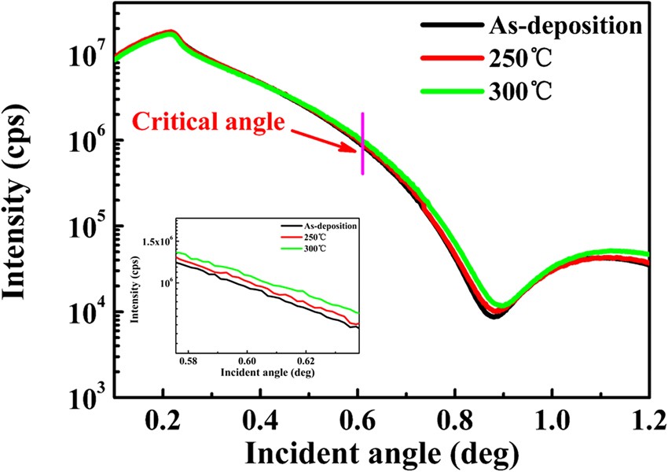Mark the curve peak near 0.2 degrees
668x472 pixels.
tap(171, 33)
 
